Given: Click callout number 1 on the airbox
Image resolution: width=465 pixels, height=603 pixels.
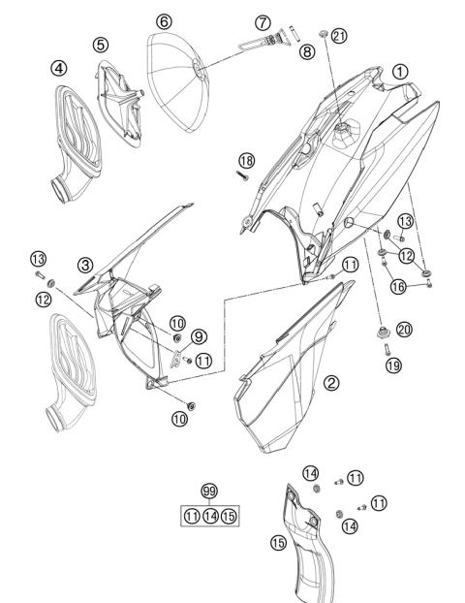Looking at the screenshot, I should (401, 71).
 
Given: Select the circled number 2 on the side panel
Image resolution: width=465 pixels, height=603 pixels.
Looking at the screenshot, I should (332, 382).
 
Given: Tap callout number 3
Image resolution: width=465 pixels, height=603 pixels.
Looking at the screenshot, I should (86, 265).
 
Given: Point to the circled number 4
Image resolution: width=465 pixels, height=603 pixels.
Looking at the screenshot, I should (59, 68).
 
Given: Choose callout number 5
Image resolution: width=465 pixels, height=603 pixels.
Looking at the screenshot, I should (101, 45).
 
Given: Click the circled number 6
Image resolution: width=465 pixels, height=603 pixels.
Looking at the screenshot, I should (163, 20).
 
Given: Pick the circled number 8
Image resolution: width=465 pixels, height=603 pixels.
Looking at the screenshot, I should (306, 52).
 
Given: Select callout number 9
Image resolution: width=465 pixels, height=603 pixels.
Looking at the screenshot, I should (198, 336).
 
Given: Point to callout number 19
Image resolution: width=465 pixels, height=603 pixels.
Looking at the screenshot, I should (392, 367).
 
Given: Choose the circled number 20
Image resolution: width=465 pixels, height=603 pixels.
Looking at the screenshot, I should (404, 330).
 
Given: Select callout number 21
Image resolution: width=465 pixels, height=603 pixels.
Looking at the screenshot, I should (338, 36).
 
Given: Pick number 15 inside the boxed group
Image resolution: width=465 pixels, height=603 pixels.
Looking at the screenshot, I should (229, 515).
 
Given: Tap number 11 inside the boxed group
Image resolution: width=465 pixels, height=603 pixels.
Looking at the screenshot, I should (190, 515).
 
